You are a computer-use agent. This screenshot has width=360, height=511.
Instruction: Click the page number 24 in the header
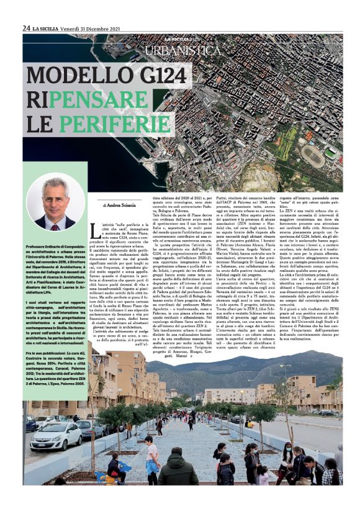point(27,28)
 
